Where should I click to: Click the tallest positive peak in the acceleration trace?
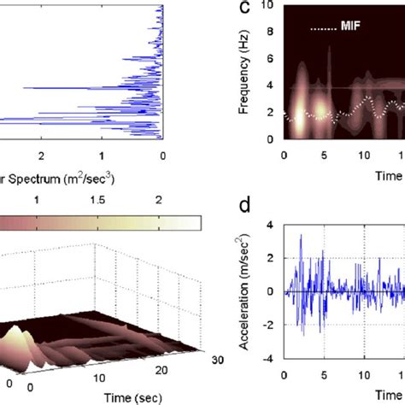click(301, 233)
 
